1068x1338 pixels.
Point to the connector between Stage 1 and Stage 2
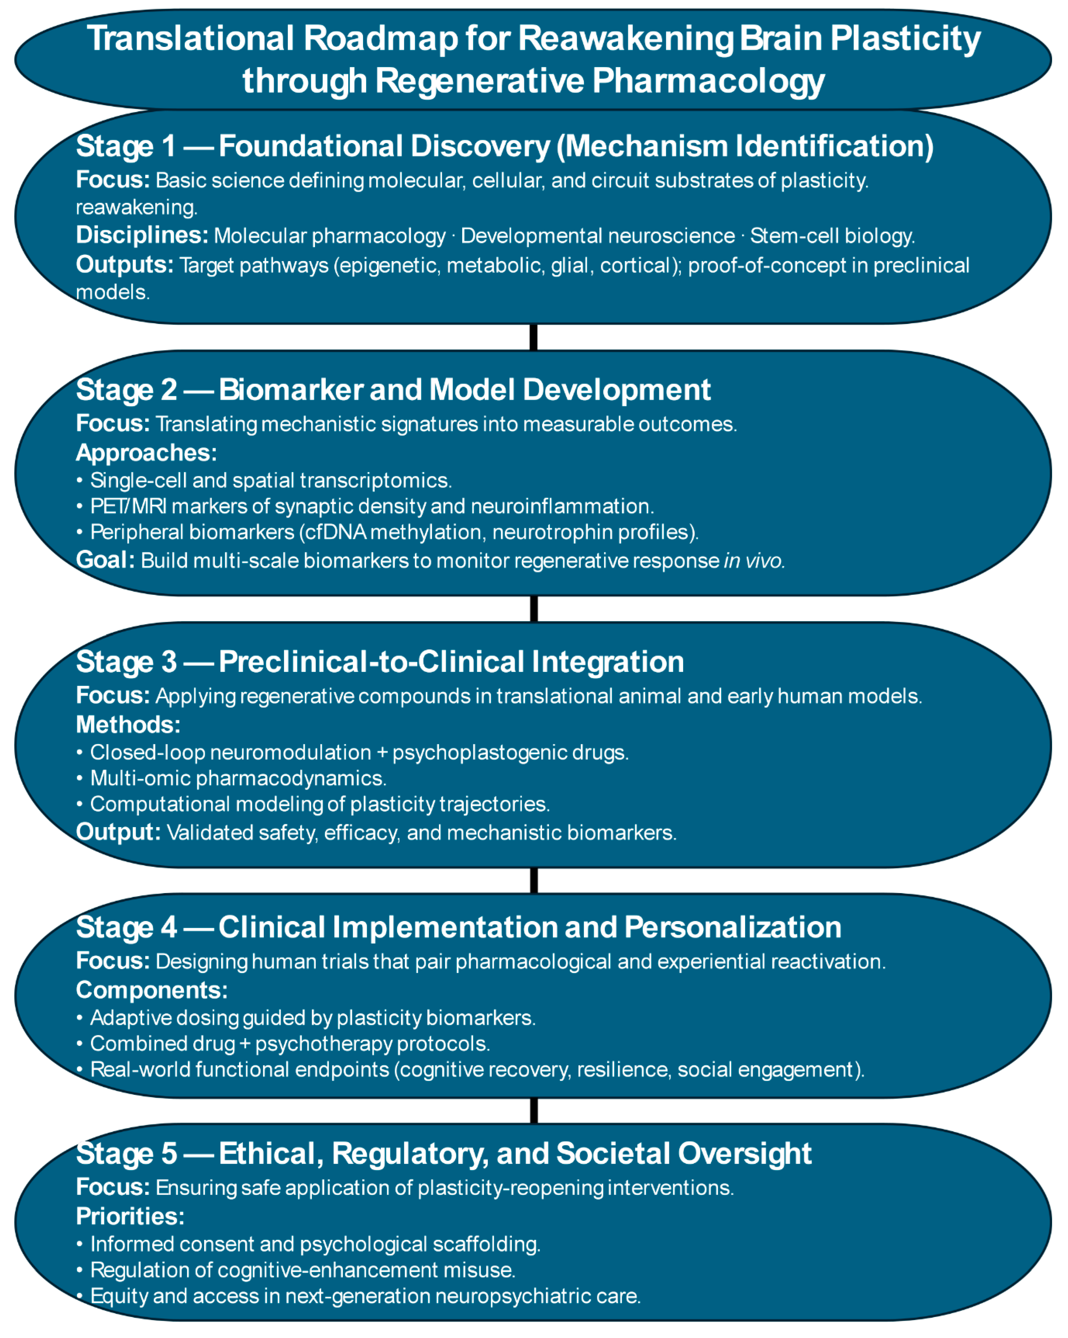point(533,337)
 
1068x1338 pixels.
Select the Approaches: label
point(146,453)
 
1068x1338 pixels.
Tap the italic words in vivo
point(753,560)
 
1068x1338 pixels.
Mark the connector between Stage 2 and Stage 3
point(533,609)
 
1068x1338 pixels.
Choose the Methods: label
point(128,724)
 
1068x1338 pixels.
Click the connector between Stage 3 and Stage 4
point(533,880)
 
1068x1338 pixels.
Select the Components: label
point(151,990)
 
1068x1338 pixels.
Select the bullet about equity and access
point(365,1296)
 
